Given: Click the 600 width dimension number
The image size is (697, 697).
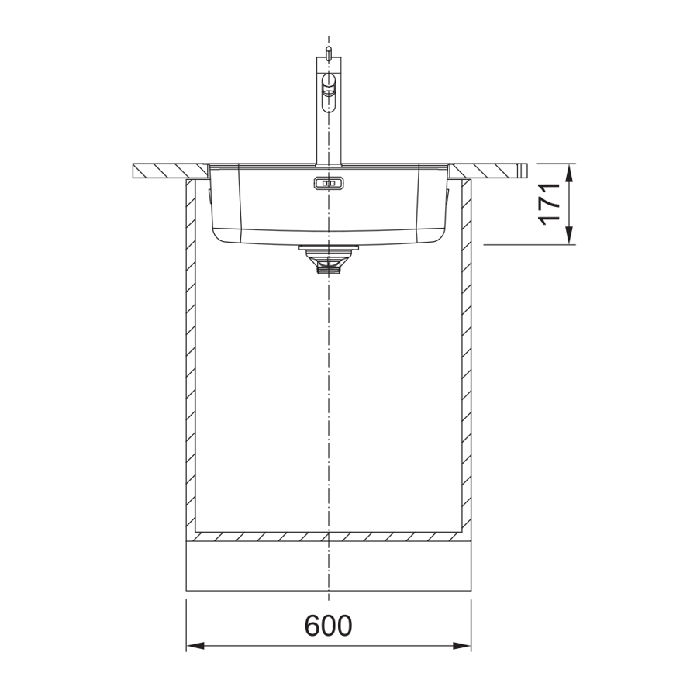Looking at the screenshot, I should tap(328, 625).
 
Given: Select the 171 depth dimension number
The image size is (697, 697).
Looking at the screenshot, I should tap(550, 204).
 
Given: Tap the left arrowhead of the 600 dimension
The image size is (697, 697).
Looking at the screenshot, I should tap(194, 645).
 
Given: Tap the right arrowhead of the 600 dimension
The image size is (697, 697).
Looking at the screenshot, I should tap(464, 645).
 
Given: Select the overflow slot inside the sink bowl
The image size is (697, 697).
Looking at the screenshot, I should tap(327, 183).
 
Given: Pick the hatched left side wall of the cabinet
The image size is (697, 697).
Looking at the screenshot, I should tap(191, 357).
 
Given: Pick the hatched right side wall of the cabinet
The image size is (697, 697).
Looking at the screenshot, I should tap(466, 357).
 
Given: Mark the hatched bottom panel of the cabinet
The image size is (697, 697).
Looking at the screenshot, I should tap(329, 536).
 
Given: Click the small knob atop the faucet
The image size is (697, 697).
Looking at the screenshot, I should tap(329, 52).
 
